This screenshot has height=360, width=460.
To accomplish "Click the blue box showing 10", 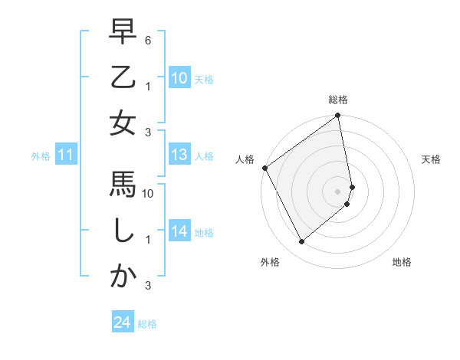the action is pos(179,78).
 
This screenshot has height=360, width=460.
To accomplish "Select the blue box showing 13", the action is pos(179,155).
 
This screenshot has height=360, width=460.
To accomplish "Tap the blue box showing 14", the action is pos(179,231).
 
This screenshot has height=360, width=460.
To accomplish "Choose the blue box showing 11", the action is pos(66,155).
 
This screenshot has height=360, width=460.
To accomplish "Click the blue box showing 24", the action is pos(123,323).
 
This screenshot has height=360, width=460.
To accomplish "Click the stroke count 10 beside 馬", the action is pos(149,194).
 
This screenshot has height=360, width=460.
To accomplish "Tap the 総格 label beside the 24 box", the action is pos(147,324).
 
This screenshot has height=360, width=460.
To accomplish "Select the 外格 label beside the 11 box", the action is pos(41,156).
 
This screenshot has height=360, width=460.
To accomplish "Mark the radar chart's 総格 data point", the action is pos(337,116).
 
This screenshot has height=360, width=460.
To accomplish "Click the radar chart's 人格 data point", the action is pos(264,168).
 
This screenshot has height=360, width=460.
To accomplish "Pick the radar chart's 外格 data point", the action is pos(302,241).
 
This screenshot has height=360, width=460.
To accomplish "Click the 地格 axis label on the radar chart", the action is pos(402,263).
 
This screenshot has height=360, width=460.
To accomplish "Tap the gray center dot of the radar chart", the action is pos(337,191).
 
